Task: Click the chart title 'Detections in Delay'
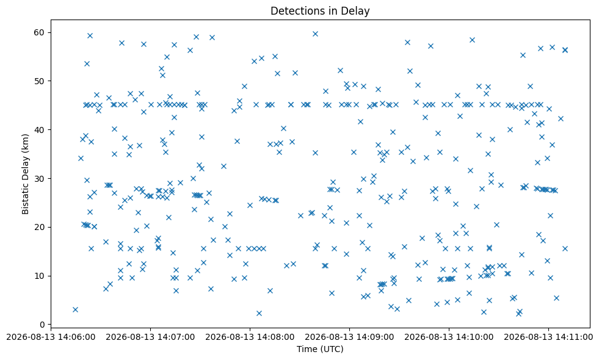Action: pyautogui.click(x=320, y=11)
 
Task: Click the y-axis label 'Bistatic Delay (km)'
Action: pyautogui.click(x=25, y=174)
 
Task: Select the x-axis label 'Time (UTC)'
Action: pyautogui.click(x=320, y=349)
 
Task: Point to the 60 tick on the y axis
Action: pyautogui.click(x=39, y=32)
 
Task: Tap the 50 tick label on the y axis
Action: pyautogui.click(x=39, y=81)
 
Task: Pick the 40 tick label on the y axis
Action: pyautogui.click(x=39, y=130)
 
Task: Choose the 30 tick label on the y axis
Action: pyautogui.click(x=39, y=179)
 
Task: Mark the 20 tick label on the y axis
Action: pyautogui.click(x=39, y=227)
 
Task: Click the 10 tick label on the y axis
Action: pyautogui.click(x=39, y=276)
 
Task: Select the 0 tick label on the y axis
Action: pyautogui.click(x=42, y=325)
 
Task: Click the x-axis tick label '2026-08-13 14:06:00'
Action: pyautogui.click(x=51, y=337)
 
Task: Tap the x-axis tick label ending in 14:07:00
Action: pyautogui.click(x=150, y=337)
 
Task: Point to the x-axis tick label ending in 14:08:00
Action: pyautogui.click(x=250, y=337)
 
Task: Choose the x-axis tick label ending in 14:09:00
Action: pyautogui.click(x=349, y=337)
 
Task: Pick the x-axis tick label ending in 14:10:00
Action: pyautogui.click(x=449, y=337)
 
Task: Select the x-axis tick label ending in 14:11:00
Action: pyautogui.click(x=548, y=337)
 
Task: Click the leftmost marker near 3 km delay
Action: pyautogui.click(x=75, y=309)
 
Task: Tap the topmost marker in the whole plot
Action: pyautogui.click(x=315, y=34)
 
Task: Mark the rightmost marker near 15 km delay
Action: pyautogui.click(x=565, y=248)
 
